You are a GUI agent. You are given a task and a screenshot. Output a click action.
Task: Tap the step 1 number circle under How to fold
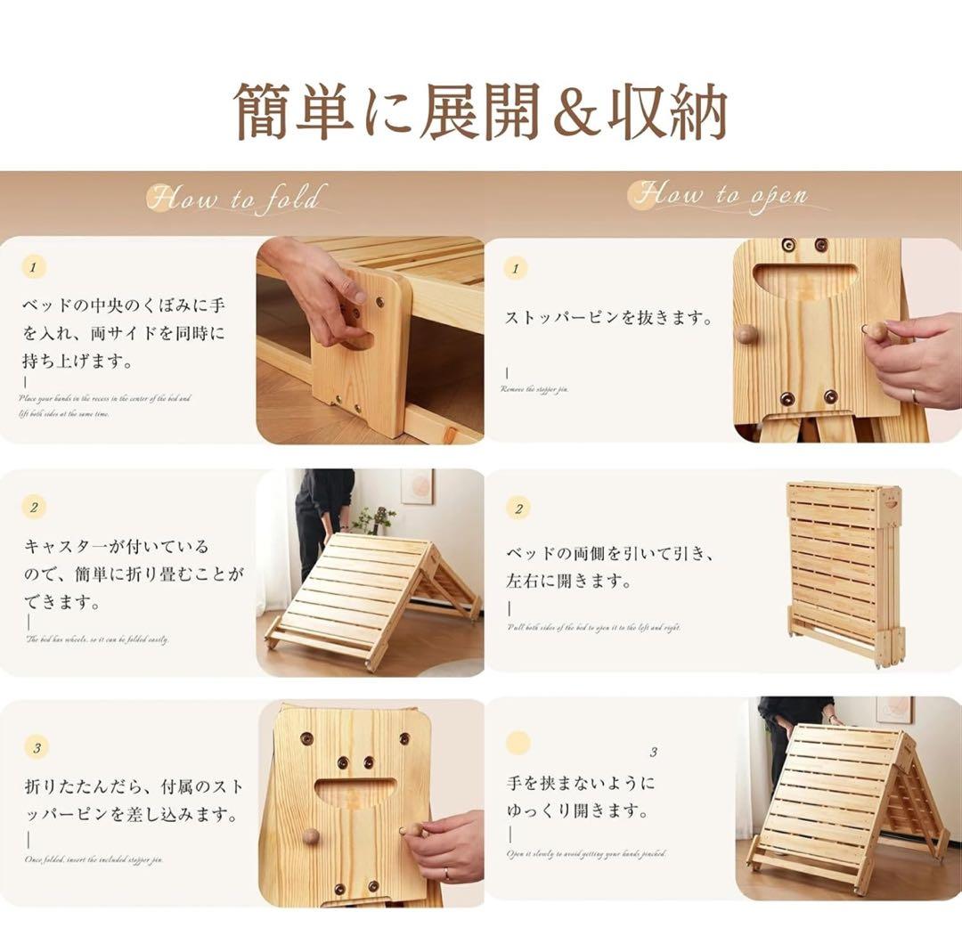[34, 266]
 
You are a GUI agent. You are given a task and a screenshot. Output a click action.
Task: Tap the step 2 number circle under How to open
[518, 509]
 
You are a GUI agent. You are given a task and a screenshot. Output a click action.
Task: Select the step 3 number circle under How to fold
[36, 747]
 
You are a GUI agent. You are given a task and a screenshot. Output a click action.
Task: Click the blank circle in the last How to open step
[518, 744]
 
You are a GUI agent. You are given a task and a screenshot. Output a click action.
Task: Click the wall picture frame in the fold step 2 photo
[416, 486]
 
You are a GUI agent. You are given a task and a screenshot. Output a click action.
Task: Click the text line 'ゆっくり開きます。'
[576, 811]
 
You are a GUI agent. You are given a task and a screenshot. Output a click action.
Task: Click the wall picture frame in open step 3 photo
[893, 710]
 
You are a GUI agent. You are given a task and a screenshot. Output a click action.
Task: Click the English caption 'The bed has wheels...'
[97, 639]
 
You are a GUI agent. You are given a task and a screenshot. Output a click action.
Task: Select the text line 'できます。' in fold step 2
[61, 603]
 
